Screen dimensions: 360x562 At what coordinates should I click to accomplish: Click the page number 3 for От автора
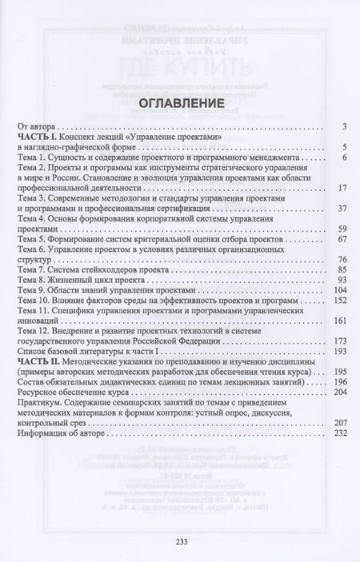click(x=342, y=126)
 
